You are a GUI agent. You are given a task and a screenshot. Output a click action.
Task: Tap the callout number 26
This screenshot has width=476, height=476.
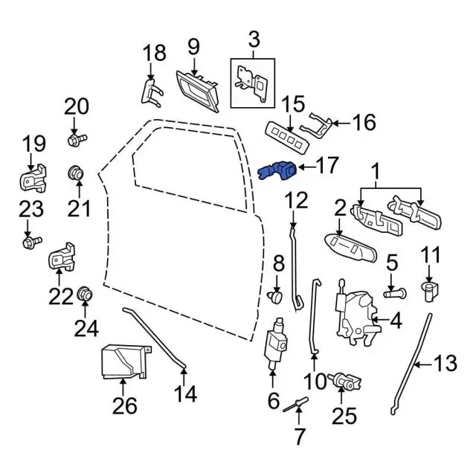pyautogui.click(x=124, y=406)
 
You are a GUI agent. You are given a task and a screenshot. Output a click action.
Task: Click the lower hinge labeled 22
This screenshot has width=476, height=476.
pyautogui.click(x=62, y=258)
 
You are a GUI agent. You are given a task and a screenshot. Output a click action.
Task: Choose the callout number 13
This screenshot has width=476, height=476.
pyautogui.click(x=444, y=364)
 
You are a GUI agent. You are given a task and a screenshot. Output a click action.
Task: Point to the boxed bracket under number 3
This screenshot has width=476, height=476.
pyautogui.click(x=251, y=83)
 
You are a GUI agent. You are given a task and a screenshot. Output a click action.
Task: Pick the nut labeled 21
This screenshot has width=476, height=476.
pyautogui.click(x=76, y=174)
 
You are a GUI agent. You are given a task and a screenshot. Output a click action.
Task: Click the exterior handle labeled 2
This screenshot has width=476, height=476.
pyautogui.click(x=348, y=247)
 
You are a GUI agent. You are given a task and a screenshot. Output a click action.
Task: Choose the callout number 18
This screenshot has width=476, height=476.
pyautogui.click(x=154, y=54)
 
